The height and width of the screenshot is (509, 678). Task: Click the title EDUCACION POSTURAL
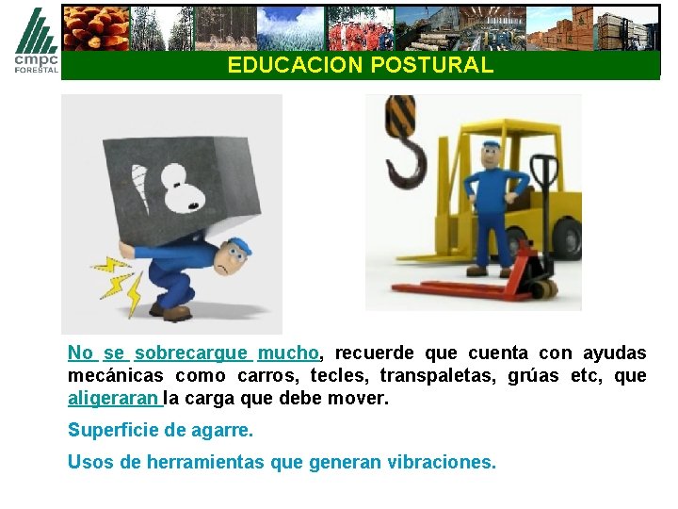click(x=360, y=65)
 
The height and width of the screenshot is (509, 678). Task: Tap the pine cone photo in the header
click(x=95, y=27)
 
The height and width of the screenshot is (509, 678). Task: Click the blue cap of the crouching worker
click(x=240, y=246)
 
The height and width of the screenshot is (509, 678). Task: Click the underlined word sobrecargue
click(x=192, y=353)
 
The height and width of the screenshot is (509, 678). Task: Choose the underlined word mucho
click(x=288, y=353)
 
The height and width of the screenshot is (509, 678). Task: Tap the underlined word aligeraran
click(x=114, y=399)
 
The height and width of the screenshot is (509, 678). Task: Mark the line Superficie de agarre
click(x=160, y=431)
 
